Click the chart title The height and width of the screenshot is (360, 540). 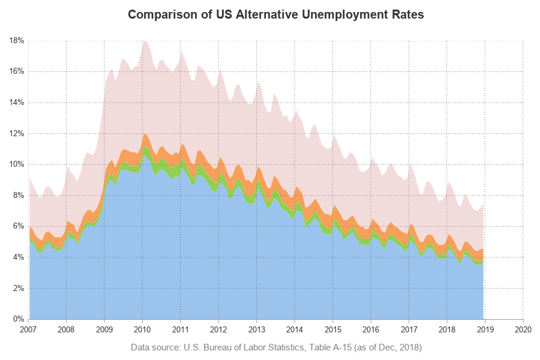pos(276,15)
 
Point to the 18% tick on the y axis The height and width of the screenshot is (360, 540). pos(16,41)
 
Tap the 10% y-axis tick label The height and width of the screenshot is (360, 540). pos(16,164)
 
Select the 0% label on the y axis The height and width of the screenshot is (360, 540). pos(18,319)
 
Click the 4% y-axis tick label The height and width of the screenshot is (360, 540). pos(18,257)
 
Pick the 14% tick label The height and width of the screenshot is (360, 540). pos(16,103)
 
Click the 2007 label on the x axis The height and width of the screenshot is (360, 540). pos(29,329)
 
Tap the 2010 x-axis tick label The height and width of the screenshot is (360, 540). pos(142,329)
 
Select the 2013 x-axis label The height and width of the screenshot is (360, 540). pos(257,329)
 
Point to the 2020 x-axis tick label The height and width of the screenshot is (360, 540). pos(523,329)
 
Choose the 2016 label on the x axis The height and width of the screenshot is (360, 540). pos(371,329)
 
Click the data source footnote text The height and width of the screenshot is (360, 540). pos(276,347)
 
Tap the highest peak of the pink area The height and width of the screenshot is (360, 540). pos(143,41)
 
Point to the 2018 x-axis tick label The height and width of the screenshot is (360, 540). pos(447,329)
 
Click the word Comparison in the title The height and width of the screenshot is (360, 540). pos(158,15)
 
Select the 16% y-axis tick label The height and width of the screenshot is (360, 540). pos(16,71)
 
